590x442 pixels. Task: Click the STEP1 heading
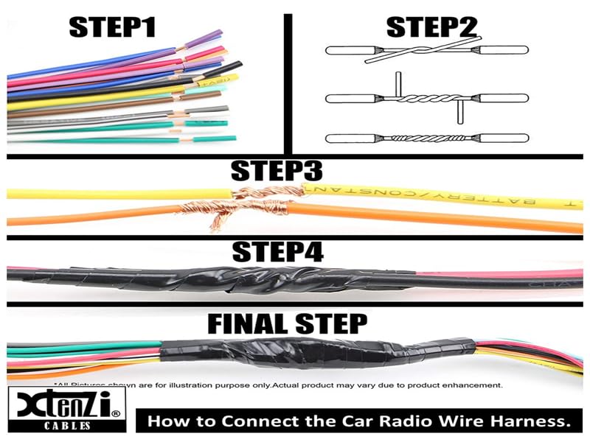pyautogui.click(x=112, y=27)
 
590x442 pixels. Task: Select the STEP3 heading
pyautogui.click(x=277, y=171)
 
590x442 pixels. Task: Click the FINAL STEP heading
pyautogui.click(x=286, y=323)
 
